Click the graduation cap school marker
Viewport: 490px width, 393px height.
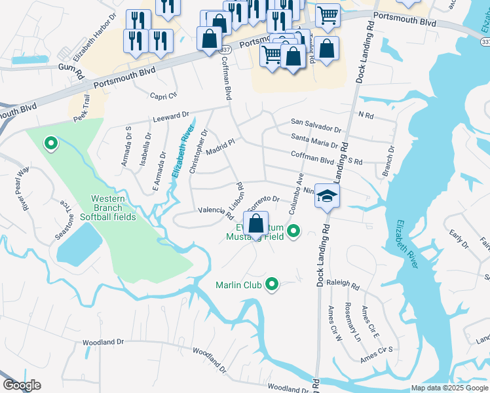327,195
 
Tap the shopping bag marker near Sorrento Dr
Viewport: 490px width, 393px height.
255,223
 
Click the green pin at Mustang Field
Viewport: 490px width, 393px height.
293,231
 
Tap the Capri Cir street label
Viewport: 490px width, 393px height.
164,94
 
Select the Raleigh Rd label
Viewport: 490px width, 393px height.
345,287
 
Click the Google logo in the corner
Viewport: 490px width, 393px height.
22,385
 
